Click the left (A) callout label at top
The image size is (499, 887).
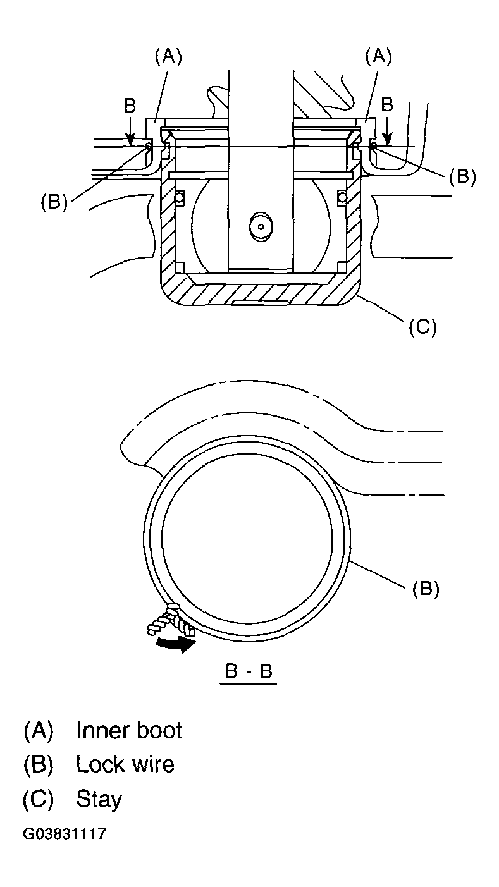[x=168, y=57]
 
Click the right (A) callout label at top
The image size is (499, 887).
[x=378, y=57]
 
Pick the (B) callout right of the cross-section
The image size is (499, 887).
[x=462, y=176]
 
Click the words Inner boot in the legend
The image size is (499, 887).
[x=129, y=730]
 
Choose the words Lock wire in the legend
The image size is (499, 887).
[x=125, y=764]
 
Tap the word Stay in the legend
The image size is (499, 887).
[x=99, y=798]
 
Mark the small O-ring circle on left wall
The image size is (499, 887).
[x=178, y=198]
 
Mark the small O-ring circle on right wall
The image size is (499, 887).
[x=342, y=198]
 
